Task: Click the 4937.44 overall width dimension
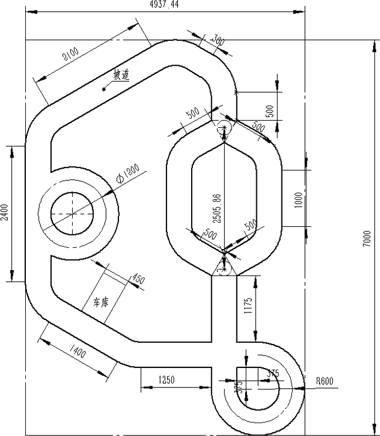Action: tap(165, 5)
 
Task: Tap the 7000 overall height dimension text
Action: tap(367, 237)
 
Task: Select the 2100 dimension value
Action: tap(71, 56)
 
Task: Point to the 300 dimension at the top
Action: tap(218, 42)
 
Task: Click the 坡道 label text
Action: tap(121, 75)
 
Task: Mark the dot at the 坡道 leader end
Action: tap(104, 90)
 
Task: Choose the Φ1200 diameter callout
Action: tap(127, 171)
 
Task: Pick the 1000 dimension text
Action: tap(299, 199)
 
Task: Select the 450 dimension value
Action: tap(137, 278)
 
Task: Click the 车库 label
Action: tap(101, 302)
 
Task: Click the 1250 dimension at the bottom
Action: tap(167, 380)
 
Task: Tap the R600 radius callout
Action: tap(324, 380)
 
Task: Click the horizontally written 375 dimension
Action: tap(273, 373)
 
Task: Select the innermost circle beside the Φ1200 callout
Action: tap(72, 214)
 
